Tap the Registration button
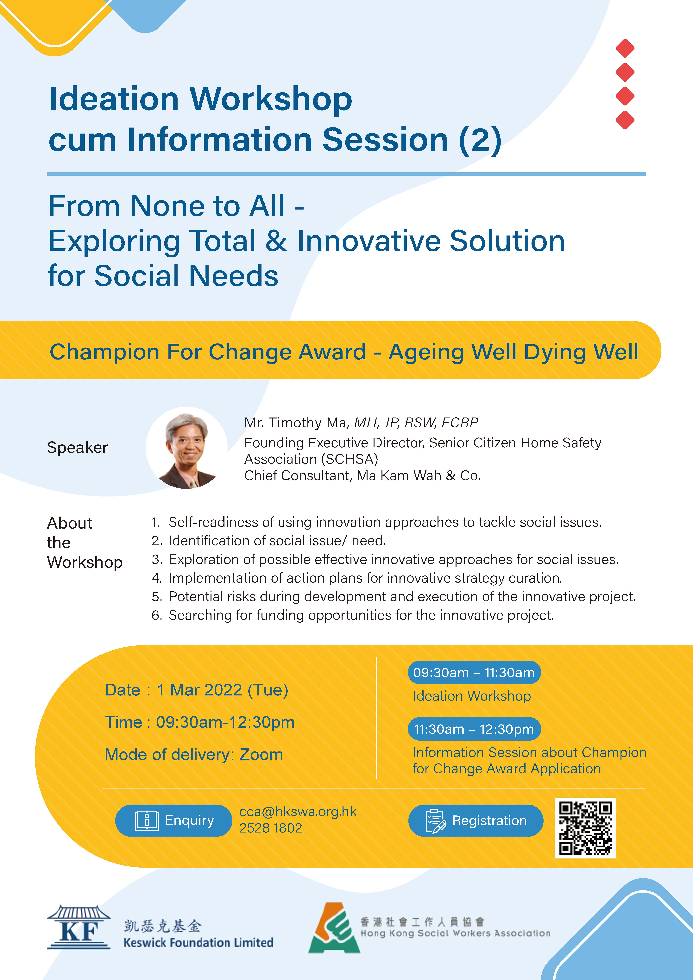click(476, 820)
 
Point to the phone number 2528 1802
click(271, 828)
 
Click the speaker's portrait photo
click(187, 448)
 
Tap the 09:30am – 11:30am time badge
click(474, 673)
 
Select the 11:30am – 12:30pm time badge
click(474, 729)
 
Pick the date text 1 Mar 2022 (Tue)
click(223, 690)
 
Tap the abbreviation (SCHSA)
click(349, 459)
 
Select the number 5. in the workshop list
click(157, 597)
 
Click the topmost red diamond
click(625, 48)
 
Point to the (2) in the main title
click(480, 140)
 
